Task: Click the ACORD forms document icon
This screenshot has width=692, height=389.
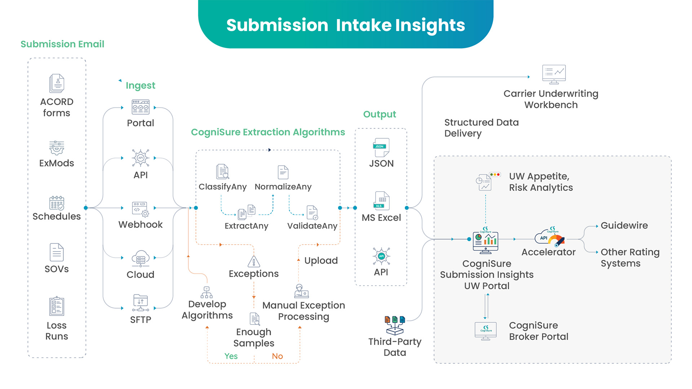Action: pyautogui.click(x=57, y=83)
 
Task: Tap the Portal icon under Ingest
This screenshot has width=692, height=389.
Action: pyautogui.click(x=141, y=107)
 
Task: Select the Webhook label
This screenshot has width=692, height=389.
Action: pyautogui.click(x=141, y=224)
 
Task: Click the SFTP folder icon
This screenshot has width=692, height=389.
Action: pyautogui.click(x=141, y=303)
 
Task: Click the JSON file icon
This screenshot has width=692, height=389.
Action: pyautogui.click(x=381, y=147)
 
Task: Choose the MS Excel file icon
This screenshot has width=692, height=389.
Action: pyautogui.click(x=381, y=201)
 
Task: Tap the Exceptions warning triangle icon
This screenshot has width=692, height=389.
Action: pyautogui.click(x=254, y=261)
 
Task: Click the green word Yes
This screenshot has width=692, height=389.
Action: pyautogui.click(x=231, y=356)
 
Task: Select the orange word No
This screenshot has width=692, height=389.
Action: pyautogui.click(x=277, y=356)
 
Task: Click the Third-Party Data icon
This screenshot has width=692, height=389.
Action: pyautogui.click(x=395, y=325)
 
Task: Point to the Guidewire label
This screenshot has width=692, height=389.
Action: pyautogui.click(x=624, y=225)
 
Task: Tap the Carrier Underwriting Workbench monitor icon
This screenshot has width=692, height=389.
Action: pyautogui.click(x=554, y=74)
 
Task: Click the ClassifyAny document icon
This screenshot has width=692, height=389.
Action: pyautogui.click(x=222, y=171)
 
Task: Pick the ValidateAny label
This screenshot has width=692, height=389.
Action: pyautogui.click(x=312, y=226)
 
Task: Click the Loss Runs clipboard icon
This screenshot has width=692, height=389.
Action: pyautogui.click(x=57, y=307)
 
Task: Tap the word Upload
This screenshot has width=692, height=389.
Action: pyautogui.click(x=321, y=260)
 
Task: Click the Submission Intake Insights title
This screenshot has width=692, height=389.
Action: pyautogui.click(x=346, y=25)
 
